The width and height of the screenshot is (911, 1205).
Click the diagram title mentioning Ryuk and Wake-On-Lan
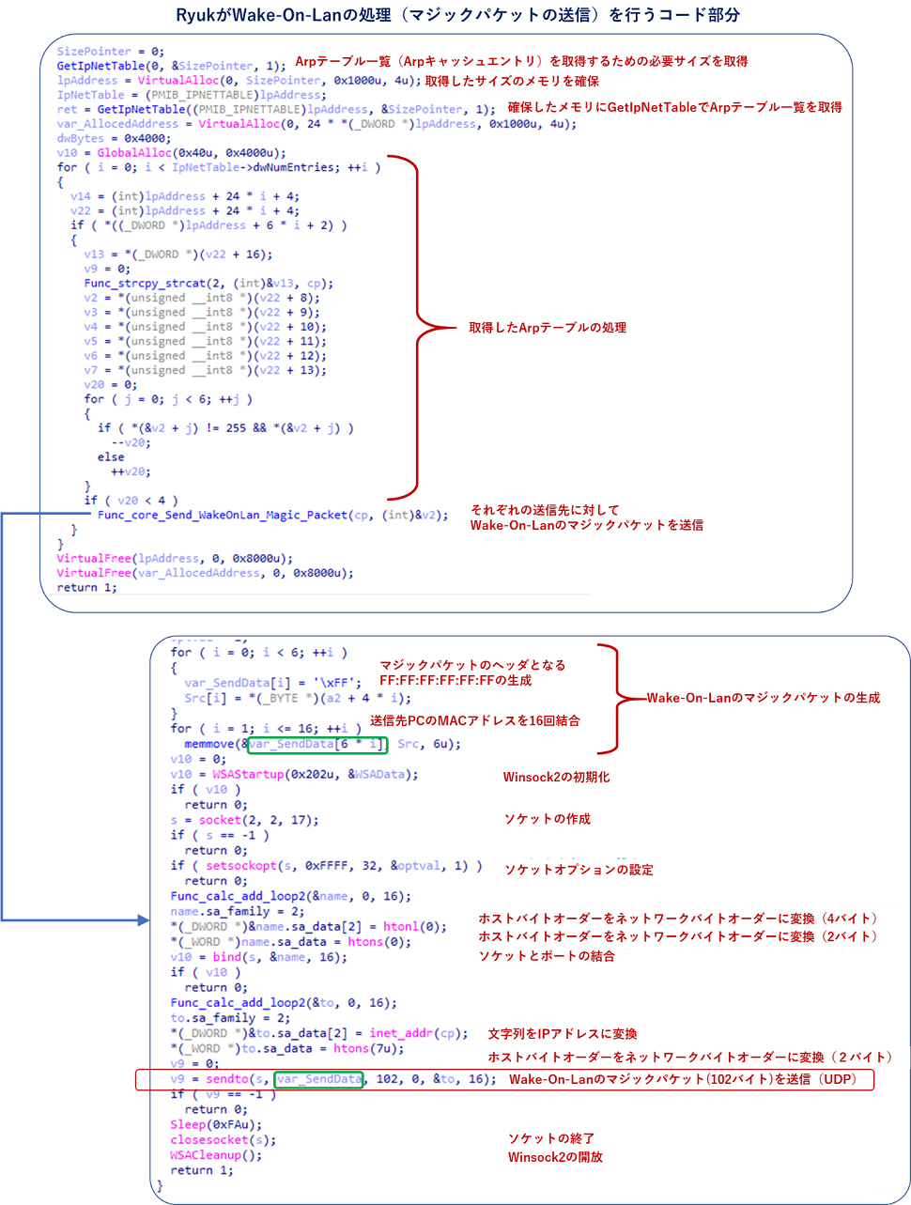(x=457, y=15)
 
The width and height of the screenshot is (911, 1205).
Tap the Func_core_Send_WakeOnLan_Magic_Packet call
(x=222, y=515)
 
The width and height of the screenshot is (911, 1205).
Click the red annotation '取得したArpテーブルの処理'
(x=548, y=328)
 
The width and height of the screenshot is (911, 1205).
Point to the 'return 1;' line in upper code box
(x=86, y=588)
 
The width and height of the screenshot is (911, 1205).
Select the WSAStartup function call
(x=248, y=774)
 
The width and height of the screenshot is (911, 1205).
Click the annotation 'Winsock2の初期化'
(x=556, y=777)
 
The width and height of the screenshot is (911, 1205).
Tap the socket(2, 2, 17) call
(x=258, y=820)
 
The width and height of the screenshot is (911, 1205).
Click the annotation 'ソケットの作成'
(x=548, y=819)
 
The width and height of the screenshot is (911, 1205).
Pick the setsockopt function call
(x=241, y=866)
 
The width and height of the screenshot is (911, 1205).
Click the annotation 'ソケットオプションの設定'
(x=579, y=870)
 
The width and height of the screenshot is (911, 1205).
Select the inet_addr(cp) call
(x=417, y=1033)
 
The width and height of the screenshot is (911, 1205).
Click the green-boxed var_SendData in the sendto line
(x=318, y=1079)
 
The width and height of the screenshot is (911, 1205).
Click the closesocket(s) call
(x=224, y=1140)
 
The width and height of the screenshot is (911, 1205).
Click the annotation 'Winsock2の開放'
(x=555, y=1156)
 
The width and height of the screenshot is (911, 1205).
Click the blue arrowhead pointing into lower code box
(x=144, y=919)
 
